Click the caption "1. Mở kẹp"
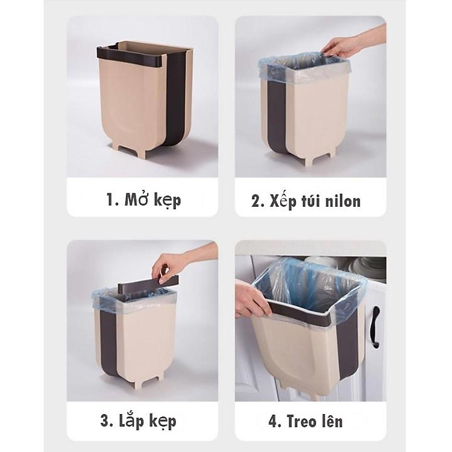[143, 199]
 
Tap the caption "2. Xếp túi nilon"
[306, 201]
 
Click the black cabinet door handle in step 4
[375, 326]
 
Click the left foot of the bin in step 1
[124, 148]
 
